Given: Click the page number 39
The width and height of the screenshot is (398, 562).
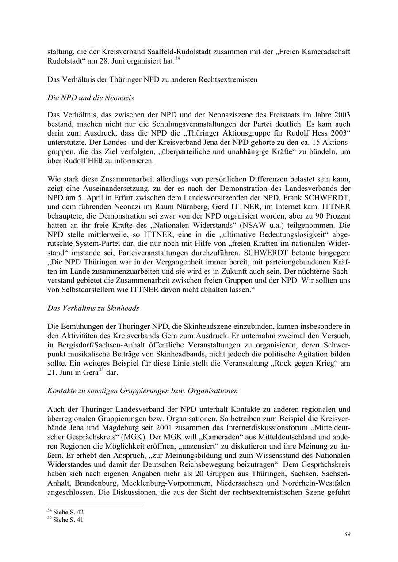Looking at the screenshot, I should click(347, 535).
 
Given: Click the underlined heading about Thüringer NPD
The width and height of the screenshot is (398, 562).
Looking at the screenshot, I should click(152, 79).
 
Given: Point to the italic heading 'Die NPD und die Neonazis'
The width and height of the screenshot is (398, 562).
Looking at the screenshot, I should click(91, 97).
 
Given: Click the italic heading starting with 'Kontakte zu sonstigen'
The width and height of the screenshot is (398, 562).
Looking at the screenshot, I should click(142, 391).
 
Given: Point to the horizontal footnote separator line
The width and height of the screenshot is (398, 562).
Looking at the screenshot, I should click(95, 505).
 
